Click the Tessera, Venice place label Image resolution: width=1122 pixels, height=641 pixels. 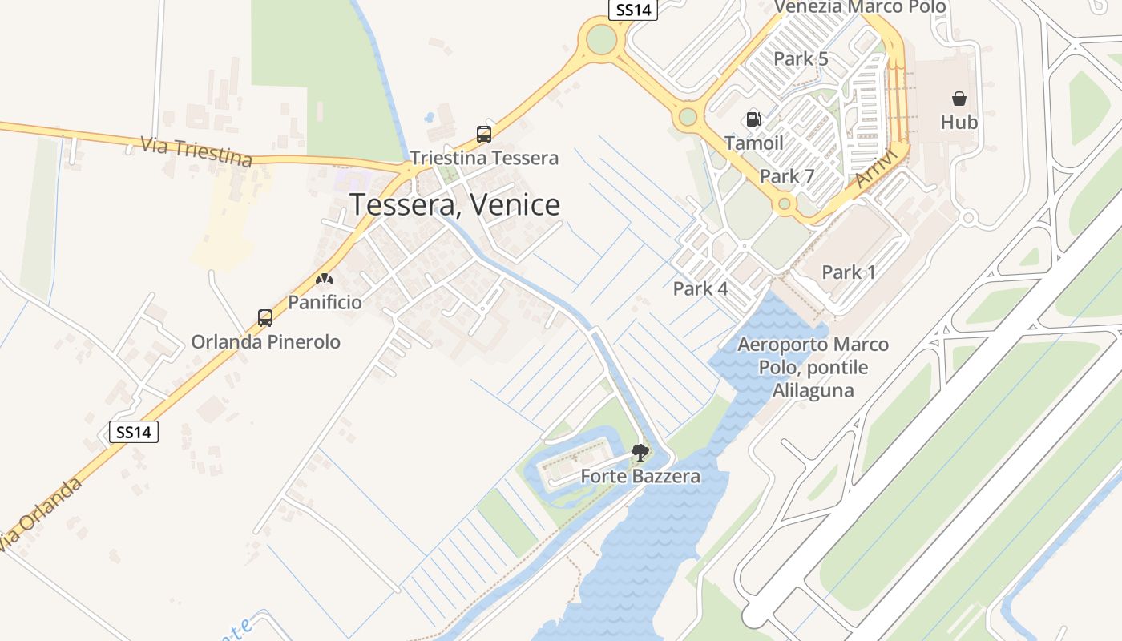point(454,205)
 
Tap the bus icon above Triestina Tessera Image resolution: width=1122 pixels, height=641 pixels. point(484,134)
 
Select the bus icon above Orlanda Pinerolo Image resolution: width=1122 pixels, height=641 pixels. point(265,317)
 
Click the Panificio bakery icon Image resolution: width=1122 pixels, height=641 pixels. point(325,279)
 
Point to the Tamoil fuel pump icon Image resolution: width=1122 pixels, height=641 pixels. point(753,119)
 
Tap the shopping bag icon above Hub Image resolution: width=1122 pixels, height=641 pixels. point(959,99)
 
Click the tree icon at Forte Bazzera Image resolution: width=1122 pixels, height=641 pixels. point(640,454)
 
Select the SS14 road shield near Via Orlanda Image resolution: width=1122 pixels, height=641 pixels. point(134,433)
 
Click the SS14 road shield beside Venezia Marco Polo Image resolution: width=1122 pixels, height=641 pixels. point(632,10)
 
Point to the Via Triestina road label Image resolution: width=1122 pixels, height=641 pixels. point(196,151)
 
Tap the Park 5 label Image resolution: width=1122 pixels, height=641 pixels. point(801,59)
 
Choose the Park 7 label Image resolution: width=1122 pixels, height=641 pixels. point(787,176)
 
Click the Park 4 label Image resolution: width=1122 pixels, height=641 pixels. point(700,289)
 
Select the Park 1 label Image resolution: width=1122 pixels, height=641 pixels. point(849,272)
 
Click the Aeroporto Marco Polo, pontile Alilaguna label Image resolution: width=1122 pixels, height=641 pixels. point(813,368)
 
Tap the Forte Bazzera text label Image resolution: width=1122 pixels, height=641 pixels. point(640,476)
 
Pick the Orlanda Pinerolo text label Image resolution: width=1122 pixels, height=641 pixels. point(265,342)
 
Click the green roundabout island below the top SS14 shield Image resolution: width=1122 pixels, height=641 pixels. point(601,38)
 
